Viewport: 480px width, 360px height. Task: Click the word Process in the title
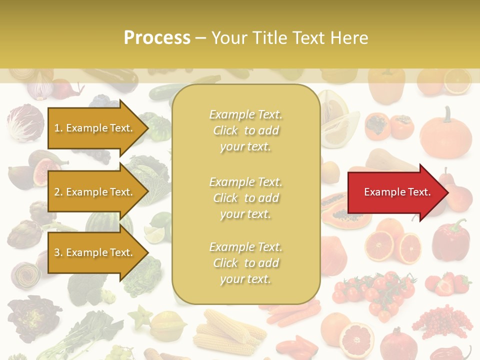coord(157,38)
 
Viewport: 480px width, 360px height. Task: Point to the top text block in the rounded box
coord(245,130)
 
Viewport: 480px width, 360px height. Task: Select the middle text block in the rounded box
coord(245,198)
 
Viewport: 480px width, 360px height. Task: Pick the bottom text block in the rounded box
coord(245,263)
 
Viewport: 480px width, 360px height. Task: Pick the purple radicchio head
coord(25,122)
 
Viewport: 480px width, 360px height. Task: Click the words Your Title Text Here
coord(289,38)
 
